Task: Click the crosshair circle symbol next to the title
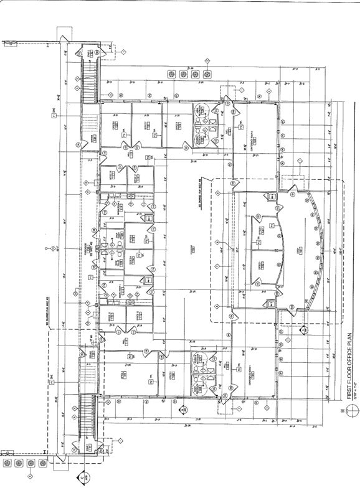pyautogui.click(x=352, y=410)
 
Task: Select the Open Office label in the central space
pyautogui.click(x=194, y=249)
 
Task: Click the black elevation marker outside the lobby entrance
pyautogui.click(x=303, y=331)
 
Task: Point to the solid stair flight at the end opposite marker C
pyautogui.click(x=87, y=81)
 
